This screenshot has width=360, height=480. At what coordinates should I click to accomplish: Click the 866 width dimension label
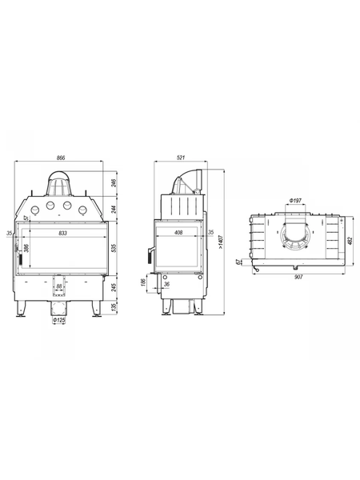coord(62,158)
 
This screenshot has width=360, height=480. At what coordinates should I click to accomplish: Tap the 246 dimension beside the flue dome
coord(114,183)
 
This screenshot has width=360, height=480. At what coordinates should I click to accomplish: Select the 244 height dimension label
coord(114,210)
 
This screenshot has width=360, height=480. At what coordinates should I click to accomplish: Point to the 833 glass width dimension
coord(62,234)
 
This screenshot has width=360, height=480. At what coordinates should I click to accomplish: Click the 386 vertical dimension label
coord(26,248)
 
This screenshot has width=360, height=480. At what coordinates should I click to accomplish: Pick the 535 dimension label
coord(114,247)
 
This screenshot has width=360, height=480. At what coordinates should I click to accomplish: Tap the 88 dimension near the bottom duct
coord(59,286)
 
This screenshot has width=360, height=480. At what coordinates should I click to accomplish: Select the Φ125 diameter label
coord(59,320)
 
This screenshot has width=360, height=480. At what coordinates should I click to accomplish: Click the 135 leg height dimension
coord(114,306)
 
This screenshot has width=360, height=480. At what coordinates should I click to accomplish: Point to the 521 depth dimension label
coord(181,158)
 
